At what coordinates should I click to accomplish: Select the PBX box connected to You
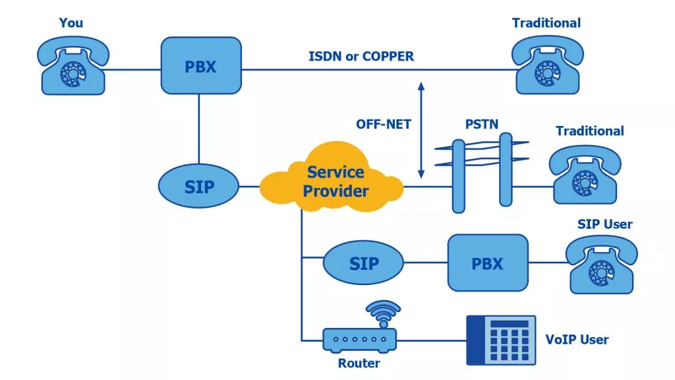pyautogui.click(x=199, y=65)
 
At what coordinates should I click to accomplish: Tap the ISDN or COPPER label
pyautogui.click(x=361, y=56)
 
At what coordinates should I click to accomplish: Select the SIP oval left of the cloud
pyautogui.click(x=199, y=187)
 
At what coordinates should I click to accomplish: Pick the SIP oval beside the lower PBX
pyautogui.click(x=363, y=263)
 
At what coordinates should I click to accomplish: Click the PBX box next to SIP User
pyautogui.click(x=488, y=263)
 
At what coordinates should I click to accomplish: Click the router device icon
pyautogui.click(x=359, y=339)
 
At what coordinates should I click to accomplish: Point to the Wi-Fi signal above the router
pyautogui.click(x=383, y=312)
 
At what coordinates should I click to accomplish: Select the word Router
pyautogui.click(x=359, y=363)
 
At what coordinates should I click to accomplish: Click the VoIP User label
pyautogui.click(x=577, y=340)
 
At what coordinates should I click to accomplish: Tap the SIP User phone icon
pyautogui.click(x=601, y=264)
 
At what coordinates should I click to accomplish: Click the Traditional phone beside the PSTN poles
pyautogui.click(x=585, y=174)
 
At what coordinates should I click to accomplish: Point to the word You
pyautogui.click(x=71, y=23)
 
